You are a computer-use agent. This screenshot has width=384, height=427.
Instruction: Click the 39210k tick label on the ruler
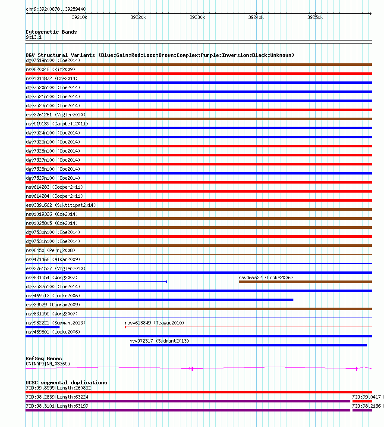(79, 18)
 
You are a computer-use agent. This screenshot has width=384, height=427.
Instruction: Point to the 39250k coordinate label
(315, 18)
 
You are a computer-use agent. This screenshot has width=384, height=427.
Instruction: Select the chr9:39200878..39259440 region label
(56, 9)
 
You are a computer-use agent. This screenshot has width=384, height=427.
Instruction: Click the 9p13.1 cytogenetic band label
(34, 37)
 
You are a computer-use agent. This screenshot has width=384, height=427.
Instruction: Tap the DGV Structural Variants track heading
(160, 55)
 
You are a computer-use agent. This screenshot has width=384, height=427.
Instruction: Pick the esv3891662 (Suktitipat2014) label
(61, 205)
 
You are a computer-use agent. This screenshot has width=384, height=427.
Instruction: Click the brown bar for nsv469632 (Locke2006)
(305, 282)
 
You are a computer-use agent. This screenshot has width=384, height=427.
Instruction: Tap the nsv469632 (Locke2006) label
(266, 277)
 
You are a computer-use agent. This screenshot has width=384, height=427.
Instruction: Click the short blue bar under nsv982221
(42, 327)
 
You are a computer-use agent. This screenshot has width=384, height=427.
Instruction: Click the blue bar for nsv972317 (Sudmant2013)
(248, 345)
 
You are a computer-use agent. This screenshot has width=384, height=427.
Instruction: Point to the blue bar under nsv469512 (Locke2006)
(159, 300)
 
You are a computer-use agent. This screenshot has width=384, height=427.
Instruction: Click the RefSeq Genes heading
(44, 358)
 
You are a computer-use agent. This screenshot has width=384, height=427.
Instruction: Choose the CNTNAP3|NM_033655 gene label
(48, 364)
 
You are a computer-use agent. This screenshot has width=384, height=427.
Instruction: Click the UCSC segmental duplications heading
(66, 383)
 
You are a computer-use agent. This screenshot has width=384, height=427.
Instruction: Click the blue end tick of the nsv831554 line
(167, 282)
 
